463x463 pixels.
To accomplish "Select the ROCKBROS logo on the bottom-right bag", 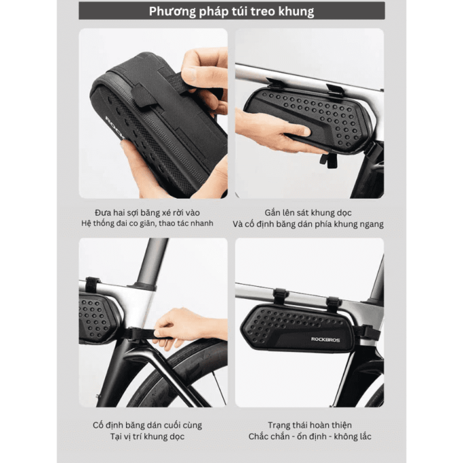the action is click(x=325, y=339).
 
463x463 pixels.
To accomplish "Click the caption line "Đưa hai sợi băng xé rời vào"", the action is click(x=147, y=212).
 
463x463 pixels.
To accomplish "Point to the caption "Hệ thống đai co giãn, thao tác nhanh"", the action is click(x=147, y=223).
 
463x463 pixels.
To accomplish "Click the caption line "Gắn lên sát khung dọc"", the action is click(x=308, y=212).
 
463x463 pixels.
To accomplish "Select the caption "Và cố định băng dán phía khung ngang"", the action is click(x=308, y=224).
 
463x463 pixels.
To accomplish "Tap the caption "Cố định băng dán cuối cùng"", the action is click(x=147, y=425).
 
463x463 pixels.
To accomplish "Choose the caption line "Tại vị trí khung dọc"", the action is click(x=147, y=436).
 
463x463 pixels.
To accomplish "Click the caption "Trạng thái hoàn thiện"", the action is click(x=309, y=425).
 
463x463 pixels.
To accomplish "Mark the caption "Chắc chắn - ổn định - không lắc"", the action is click(x=309, y=436).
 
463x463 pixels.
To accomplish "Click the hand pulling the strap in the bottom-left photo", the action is click(x=189, y=328).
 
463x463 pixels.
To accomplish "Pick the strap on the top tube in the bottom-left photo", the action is click(x=93, y=285).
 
